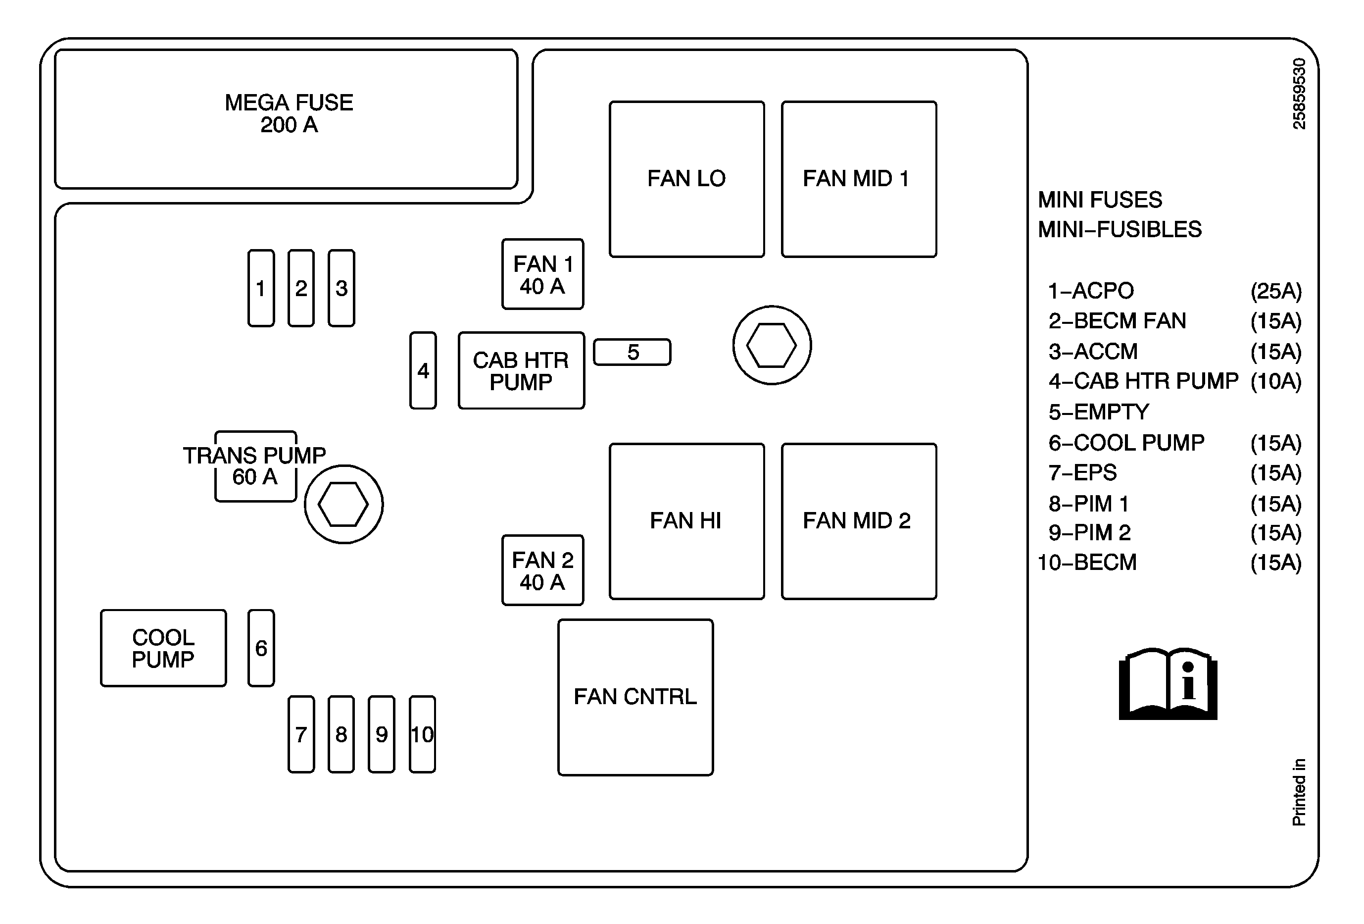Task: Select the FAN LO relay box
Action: [686, 179]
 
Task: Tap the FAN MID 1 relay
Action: [859, 179]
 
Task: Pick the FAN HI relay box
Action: [686, 521]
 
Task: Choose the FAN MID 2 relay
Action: [859, 521]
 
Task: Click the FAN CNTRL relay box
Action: [635, 697]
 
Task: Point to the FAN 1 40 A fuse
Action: [542, 274]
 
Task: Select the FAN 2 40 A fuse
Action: [542, 570]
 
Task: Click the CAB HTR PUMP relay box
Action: [521, 370]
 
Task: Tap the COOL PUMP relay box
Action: [163, 648]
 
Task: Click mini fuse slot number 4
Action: [423, 370]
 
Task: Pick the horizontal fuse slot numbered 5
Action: [632, 352]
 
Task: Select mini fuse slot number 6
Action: [261, 648]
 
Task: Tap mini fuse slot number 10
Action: [422, 734]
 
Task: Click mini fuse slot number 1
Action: [261, 288]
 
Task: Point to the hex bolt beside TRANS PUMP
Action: [343, 504]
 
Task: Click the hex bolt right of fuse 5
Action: [772, 345]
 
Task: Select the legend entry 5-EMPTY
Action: [1099, 412]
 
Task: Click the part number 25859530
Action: [1299, 94]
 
